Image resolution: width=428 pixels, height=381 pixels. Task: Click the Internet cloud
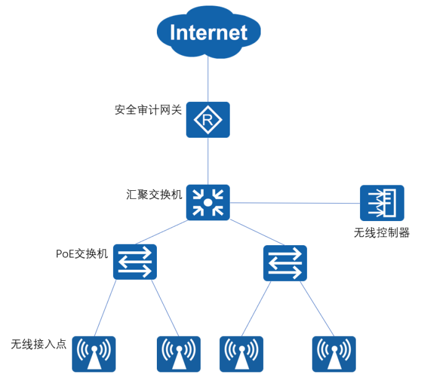pos(208,32)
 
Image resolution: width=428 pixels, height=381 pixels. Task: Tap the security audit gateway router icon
pos(208,120)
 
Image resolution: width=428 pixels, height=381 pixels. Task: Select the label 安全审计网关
pos(148,110)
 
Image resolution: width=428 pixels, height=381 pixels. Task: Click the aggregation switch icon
pos(208,202)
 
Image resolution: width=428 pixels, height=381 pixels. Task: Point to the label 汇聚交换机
pos(154,194)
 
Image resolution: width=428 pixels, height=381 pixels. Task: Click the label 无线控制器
pos(382,233)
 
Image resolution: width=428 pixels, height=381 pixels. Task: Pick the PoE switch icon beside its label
pos(135,262)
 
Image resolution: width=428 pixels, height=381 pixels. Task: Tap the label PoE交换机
pos(82,253)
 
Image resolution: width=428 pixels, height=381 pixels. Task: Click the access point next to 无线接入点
pos(94,354)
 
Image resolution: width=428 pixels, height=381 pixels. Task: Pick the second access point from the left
pos(178,354)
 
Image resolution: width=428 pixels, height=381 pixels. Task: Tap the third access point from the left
pos(241,354)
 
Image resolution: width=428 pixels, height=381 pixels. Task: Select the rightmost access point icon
pos(334,354)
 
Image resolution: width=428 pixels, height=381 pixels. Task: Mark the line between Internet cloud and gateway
pos(208,80)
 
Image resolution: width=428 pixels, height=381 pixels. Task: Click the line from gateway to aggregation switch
pos(208,161)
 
